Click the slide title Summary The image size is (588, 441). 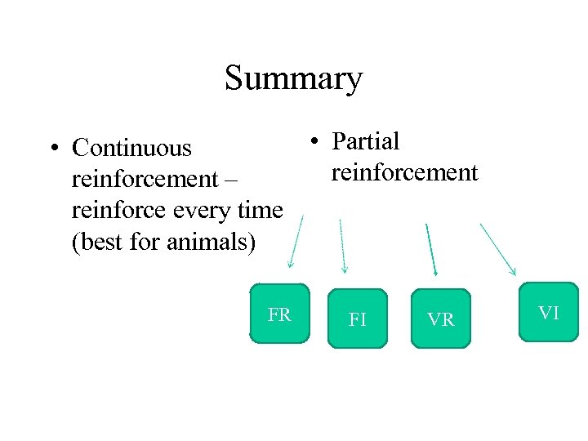click(293, 78)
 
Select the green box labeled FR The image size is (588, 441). click(280, 314)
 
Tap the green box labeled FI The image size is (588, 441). click(358, 319)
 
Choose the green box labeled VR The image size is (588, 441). click(441, 319)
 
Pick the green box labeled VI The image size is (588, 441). click(548, 311)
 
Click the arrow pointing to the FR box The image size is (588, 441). click(295, 242)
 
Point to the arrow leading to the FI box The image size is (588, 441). click(342, 245)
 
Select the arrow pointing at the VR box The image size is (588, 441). click(431, 249)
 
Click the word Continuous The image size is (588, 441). click(131, 148)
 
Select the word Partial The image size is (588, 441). click(365, 141)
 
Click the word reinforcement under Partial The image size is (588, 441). click(404, 172)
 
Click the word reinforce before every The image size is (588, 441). click(119, 211)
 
